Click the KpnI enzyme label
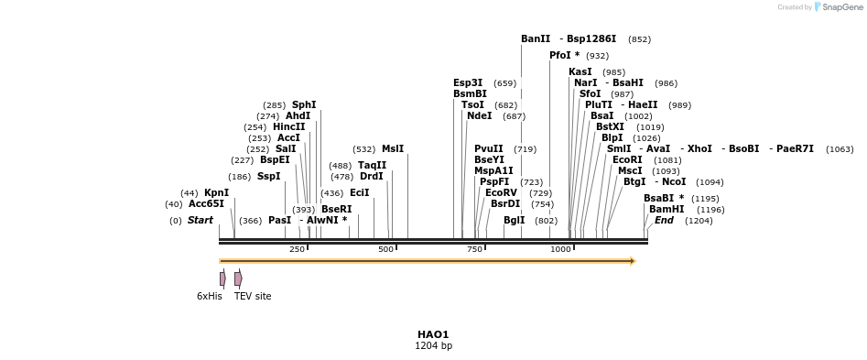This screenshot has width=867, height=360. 216,192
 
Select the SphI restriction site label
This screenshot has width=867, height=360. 304,105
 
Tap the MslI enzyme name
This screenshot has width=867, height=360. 393,148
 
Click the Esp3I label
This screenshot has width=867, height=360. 468,82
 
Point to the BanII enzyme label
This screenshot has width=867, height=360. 536,39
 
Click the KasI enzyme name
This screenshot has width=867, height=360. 580,71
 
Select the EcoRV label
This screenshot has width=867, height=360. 501,192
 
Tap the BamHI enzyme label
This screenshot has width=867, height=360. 667,209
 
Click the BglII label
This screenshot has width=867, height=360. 514,220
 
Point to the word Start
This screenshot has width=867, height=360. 200,220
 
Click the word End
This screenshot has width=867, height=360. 664,220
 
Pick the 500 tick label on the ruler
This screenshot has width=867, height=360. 385,249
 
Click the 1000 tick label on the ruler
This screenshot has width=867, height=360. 560,249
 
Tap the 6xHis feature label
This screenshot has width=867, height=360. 210,296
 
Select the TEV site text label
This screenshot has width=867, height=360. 253,296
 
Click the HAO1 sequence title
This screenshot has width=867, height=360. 433,334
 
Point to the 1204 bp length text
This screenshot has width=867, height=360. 433,346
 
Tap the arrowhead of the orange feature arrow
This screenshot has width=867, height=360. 633,261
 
